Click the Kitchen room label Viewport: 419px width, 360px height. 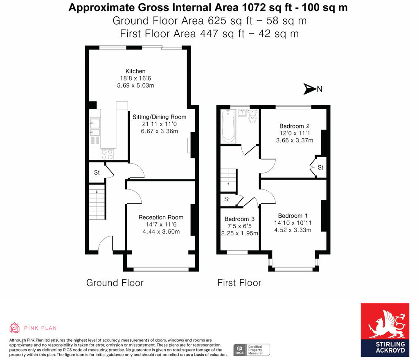(135, 71)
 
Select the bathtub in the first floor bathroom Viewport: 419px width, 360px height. (227, 126)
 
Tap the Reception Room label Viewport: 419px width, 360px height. (161, 217)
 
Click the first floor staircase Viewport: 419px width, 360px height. (228, 180)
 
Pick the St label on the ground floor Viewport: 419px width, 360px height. (97, 173)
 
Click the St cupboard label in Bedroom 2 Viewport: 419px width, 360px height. (320, 168)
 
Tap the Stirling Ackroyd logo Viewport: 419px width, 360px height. (385, 329)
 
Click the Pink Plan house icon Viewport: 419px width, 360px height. (15, 327)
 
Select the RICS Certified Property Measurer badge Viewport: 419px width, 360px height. (252, 350)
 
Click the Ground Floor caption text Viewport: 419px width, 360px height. (115, 283)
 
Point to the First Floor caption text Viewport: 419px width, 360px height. (239, 283)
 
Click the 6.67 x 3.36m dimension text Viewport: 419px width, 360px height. (160, 131)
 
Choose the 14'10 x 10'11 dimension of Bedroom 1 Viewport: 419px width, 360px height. (293, 223)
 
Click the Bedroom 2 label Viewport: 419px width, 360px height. (295, 126)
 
